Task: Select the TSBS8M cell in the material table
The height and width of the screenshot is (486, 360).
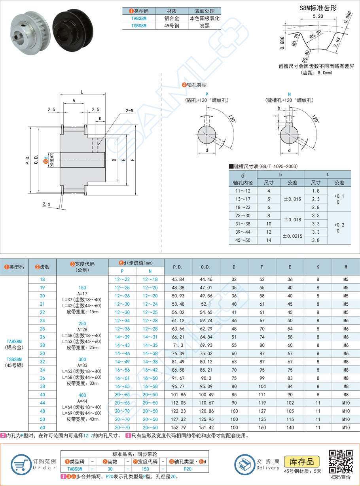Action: click(138, 26)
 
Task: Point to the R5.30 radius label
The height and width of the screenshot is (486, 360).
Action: click(315, 36)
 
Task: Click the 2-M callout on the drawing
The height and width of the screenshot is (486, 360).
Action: click(129, 111)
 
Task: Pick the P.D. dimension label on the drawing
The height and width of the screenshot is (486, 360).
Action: click(27, 160)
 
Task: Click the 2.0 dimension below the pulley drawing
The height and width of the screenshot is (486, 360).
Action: click(46, 204)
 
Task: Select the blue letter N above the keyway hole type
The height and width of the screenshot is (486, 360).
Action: click(289, 94)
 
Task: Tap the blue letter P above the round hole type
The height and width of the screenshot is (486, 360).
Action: click(207, 94)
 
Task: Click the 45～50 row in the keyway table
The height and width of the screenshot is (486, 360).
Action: click(243, 240)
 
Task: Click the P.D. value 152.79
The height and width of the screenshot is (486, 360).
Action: click(178, 427)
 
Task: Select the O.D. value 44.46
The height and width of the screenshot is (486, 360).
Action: click(206, 279)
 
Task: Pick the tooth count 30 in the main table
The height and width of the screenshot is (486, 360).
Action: click(42, 353)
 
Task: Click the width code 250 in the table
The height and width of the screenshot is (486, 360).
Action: click(82, 323)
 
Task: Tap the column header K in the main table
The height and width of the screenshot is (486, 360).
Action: click(318, 267)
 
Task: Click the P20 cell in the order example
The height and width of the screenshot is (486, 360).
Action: click(188, 469)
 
